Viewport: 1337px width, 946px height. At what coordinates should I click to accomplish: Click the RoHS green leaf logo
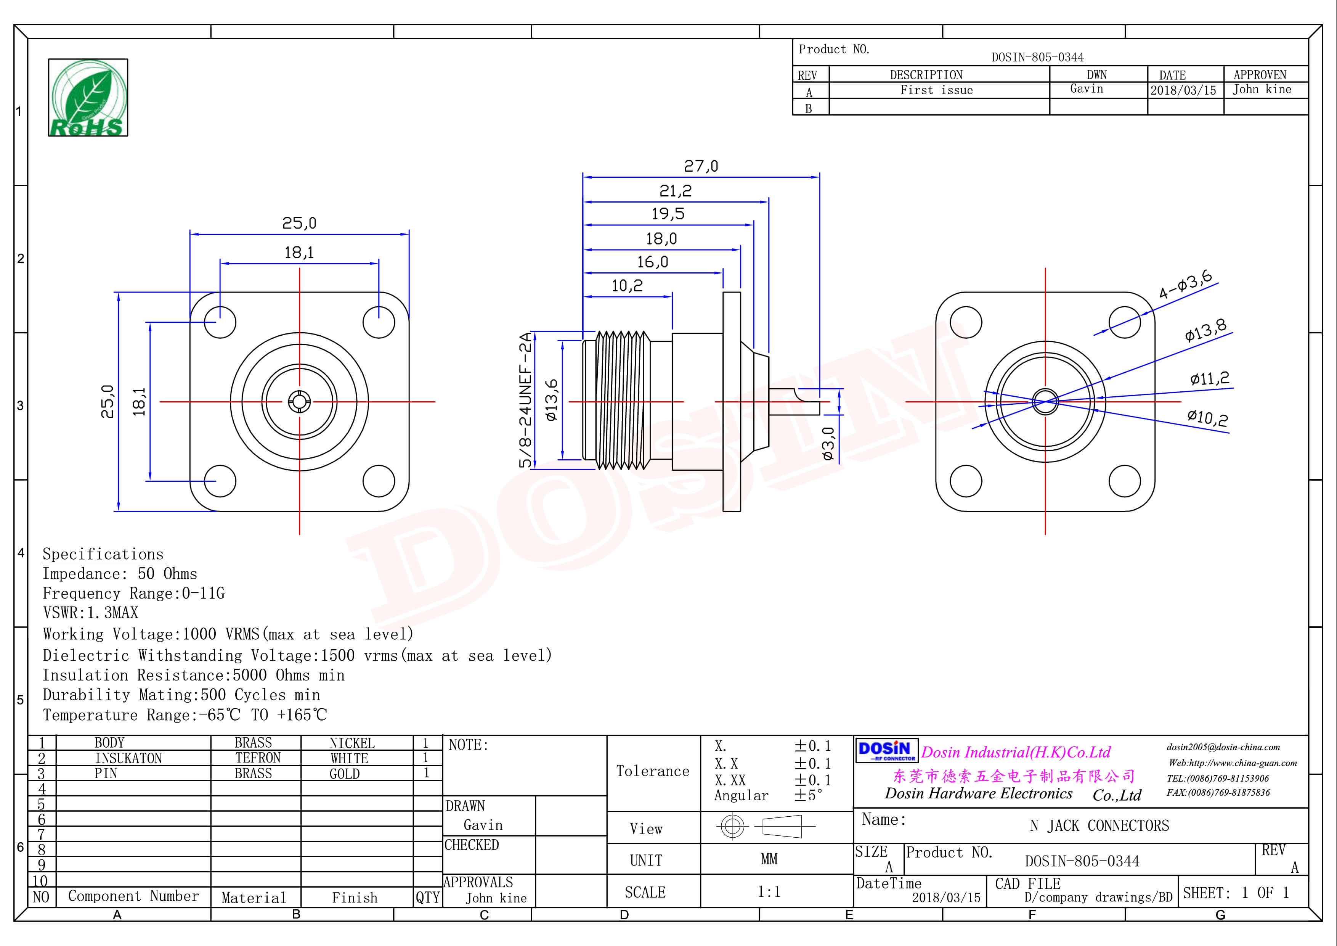click(x=88, y=97)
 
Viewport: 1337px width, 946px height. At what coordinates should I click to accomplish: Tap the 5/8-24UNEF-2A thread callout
click(x=525, y=400)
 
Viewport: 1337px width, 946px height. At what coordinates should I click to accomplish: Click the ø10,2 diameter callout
click(x=1207, y=417)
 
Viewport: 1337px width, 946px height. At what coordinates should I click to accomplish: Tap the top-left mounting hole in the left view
click(x=220, y=322)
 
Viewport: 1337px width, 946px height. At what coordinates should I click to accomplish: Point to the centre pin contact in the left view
click(x=299, y=401)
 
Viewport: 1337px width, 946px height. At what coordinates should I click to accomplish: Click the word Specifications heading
click(x=103, y=554)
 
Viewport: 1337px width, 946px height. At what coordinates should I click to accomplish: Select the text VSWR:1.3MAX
click(x=91, y=613)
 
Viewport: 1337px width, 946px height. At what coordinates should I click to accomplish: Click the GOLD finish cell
click(x=345, y=774)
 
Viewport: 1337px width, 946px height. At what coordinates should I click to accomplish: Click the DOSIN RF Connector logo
click(x=886, y=750)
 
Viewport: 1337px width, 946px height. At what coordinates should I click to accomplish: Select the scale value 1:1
click(x=769, y=892)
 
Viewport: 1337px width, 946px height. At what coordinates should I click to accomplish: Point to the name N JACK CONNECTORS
click(x=1099, y=825)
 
